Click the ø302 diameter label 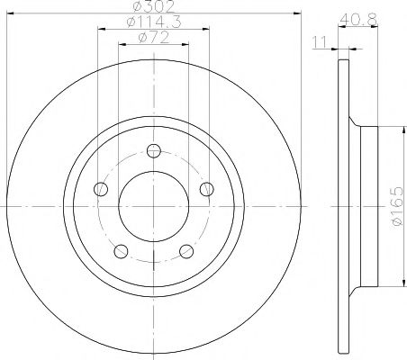(154, 6)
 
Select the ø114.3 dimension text (154, 22)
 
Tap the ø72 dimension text (154, 38)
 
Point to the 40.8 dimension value (358, 20)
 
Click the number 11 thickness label (320, 42)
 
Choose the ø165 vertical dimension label (396, 206)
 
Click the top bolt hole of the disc (154, 151)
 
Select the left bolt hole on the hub (101, 189)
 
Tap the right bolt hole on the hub (207, 189)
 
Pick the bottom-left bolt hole (121, 251)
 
